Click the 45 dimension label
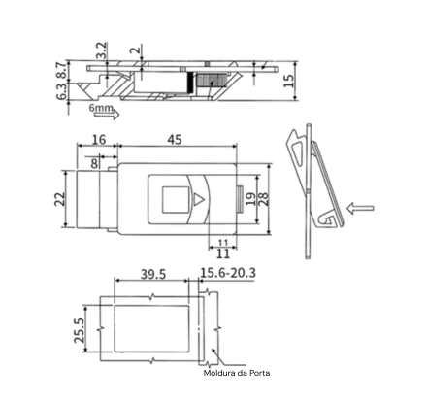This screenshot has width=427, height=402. [x=175, y=140]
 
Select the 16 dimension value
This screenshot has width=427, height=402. [x=99, y=140]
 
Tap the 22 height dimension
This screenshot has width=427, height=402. [x=60, y=199]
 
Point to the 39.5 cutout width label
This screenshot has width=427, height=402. [x=153, y=274]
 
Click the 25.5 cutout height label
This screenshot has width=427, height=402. [x=80, y=330]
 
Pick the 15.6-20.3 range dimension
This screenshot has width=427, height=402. [x=228, y=273]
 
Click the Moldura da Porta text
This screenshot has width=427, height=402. [x=237, y=373]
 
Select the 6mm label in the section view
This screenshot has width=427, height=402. [x=101, y=108]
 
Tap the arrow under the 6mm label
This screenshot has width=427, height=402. [x=111, y=115]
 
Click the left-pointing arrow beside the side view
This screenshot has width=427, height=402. [x=360, y=208]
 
